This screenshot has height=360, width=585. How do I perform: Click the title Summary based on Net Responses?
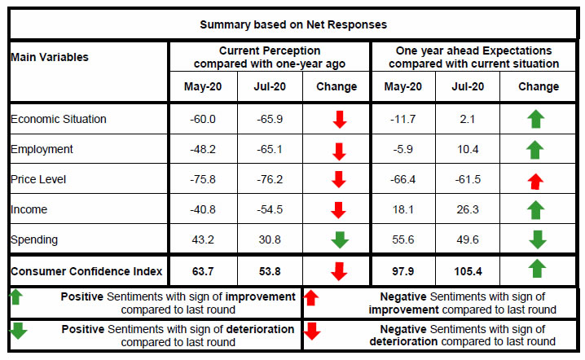tap(292, 24)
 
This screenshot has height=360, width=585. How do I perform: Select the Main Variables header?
tap(50, 57)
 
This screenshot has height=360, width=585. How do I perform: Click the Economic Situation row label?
tap(59, 119)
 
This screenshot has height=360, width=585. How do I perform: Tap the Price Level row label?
tap(40, 179)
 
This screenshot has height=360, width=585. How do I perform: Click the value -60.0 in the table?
tap(203, 119)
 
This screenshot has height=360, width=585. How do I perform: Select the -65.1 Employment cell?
tap(270, 149)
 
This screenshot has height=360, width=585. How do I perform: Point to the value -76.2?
tap(270, 179)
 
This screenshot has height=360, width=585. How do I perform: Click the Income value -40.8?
tap(203, 209)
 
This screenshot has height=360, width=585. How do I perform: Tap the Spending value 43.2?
tap(203, 239)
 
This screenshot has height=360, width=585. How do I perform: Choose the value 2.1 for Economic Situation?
tap(468, 119)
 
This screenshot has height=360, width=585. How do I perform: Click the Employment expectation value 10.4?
tap(468, 149)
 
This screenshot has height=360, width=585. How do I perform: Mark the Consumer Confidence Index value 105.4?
tap(468, 270)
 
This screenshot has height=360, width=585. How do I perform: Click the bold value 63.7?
tap(203, 270)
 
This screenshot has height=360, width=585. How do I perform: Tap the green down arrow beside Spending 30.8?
tap(339, 240)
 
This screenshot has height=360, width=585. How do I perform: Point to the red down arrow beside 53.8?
tap(339, 270)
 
